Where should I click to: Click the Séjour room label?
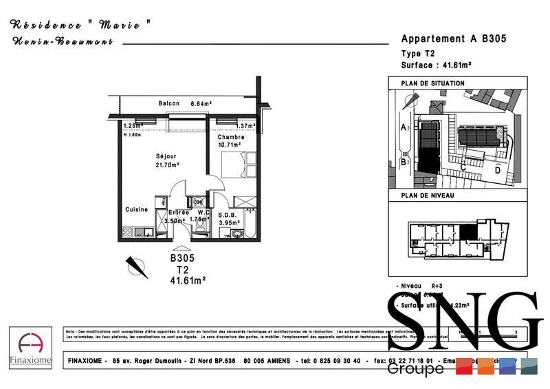coord(166,156)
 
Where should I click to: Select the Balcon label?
coord(169,104)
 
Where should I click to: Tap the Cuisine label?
coord(136,209)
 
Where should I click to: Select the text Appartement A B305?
coord(453,39)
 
